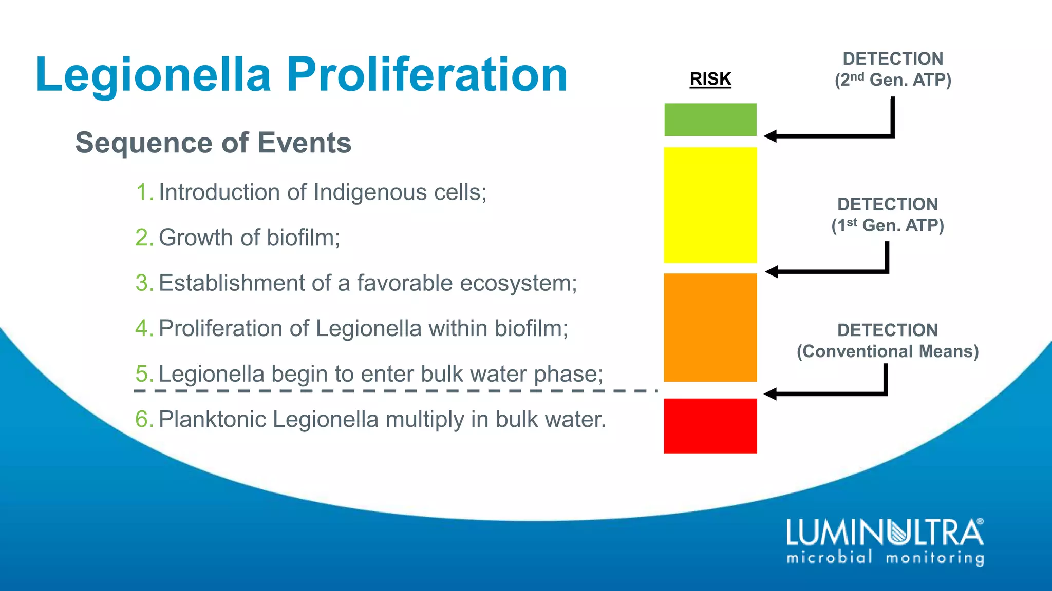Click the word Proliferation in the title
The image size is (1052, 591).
click(427, 75)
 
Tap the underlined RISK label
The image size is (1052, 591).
click(710, 79)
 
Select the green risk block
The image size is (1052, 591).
click(710, 120)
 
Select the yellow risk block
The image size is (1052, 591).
click(710, 205)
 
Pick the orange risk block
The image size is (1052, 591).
click(710, 327)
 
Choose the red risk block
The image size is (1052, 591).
click(710, 425)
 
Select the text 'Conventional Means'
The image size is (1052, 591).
click(888, 351)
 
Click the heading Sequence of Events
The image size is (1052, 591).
click(213, 143)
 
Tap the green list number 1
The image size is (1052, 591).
click(143, 192)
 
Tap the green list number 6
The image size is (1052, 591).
click(143, 419)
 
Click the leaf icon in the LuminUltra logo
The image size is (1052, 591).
click(899, 532)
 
